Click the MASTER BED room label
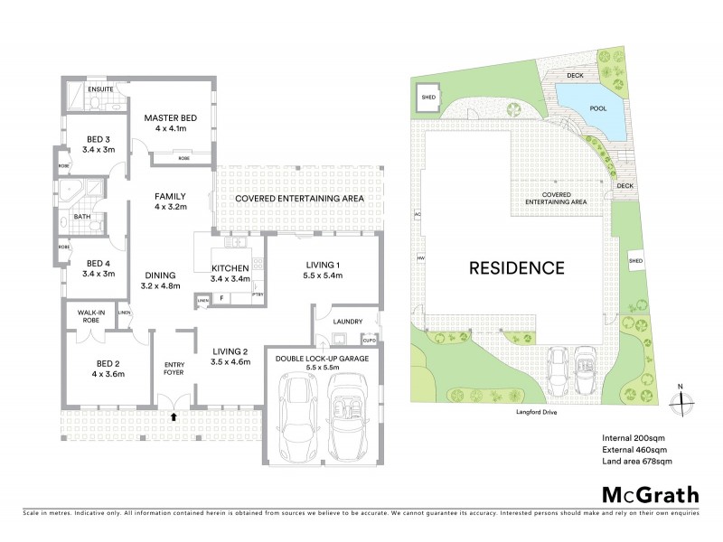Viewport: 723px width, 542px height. [171, 117]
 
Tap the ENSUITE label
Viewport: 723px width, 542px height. [100, 89]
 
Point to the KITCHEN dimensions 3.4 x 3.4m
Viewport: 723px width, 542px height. [230, 279]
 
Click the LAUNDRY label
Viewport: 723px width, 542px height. [348, 321]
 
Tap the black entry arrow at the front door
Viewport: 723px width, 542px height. [174, 417]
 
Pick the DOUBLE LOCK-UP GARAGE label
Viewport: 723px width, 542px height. [323, 359]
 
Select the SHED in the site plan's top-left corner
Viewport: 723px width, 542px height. [428, 98]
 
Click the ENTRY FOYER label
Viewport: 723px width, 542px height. [174, 367]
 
